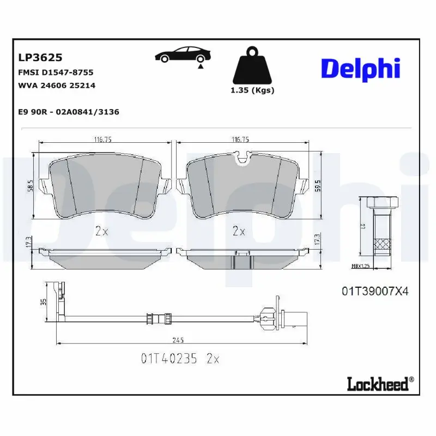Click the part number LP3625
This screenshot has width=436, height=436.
(40, 57)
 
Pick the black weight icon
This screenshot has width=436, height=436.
(252, 68)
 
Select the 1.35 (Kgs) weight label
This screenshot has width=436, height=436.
(252, 90)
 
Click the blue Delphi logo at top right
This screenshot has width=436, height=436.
(360, 69)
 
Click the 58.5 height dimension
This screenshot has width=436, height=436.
(31, 186)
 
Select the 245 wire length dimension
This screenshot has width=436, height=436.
(177, 341)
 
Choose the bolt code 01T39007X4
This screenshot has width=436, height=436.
(375, 292)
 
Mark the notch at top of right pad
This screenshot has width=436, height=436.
(241, 158)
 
